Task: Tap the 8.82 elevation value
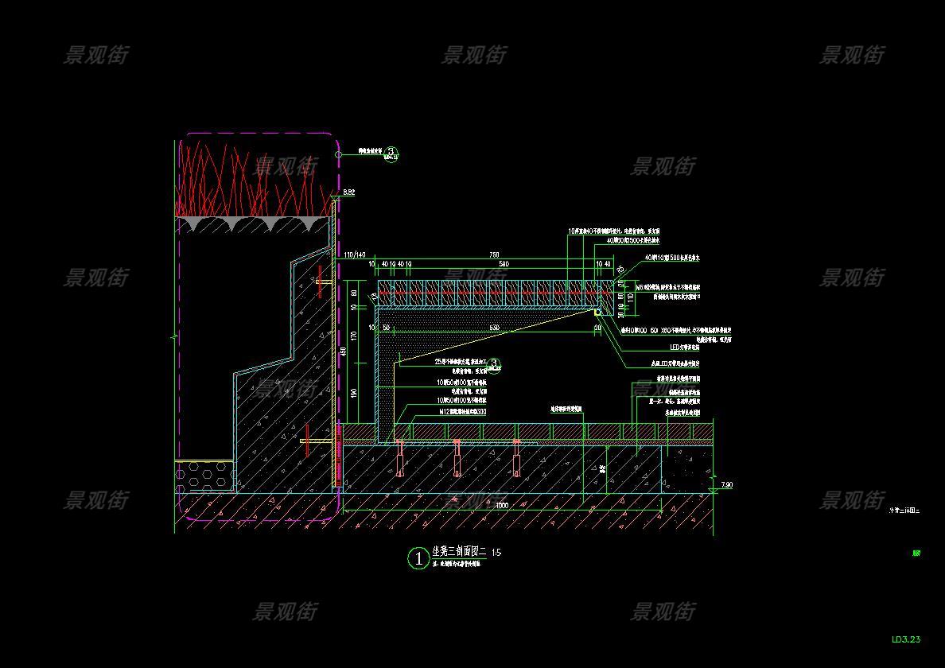tap(349, 192)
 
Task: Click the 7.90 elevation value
tap(726, 484)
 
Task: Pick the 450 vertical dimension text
tap(343, 351)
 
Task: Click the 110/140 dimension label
tap(355, 255)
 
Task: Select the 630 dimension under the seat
tap(494, 327)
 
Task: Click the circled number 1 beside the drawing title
tap(418, 558)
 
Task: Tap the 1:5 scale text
tap(496, 552)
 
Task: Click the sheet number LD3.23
tap(906, 639)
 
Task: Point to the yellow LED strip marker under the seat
tap(597, 313)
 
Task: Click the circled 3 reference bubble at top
tap(391, 153)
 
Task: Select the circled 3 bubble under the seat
tap(494, 364)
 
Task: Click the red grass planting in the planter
tap(253, 179)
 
